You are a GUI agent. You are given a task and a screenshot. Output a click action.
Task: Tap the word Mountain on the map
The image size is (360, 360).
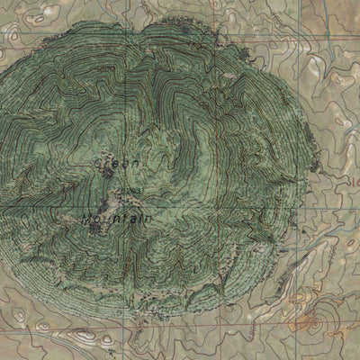point(116,219)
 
